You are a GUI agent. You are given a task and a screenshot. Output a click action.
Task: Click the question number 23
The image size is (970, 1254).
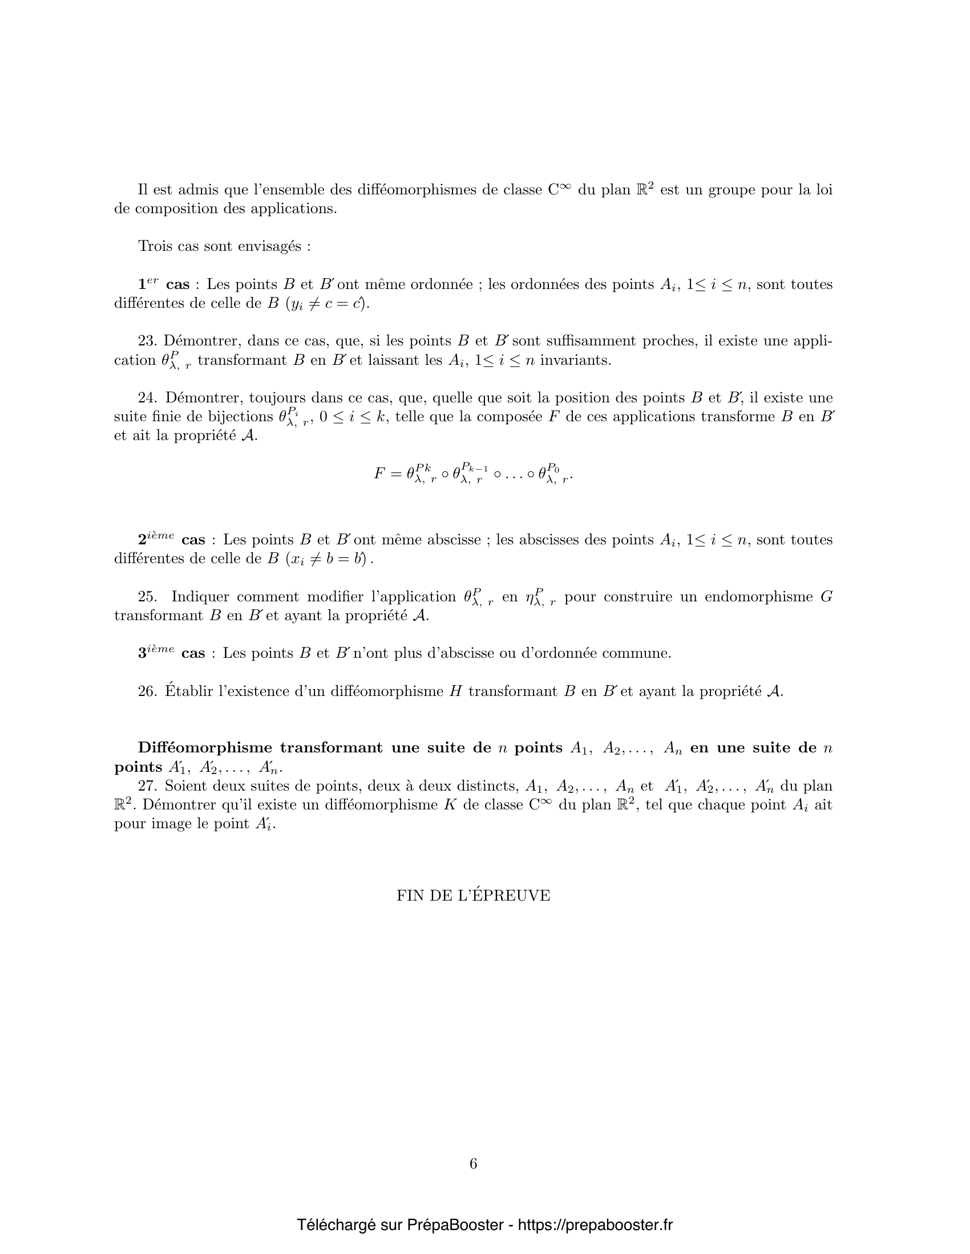147,341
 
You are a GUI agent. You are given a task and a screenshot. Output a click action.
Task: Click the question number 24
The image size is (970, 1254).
147,398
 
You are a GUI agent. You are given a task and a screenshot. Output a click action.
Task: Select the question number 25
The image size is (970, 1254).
147,597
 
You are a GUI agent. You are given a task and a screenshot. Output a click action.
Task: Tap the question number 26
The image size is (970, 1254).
147,691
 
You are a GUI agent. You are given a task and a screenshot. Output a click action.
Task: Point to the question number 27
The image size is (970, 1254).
147,785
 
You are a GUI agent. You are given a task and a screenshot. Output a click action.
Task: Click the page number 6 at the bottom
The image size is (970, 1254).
474,1164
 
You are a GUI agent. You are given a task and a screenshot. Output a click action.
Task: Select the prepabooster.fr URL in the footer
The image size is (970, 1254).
595,1225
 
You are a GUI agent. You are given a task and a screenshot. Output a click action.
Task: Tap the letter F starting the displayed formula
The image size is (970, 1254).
379,474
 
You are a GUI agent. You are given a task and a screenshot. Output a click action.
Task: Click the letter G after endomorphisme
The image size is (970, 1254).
826,597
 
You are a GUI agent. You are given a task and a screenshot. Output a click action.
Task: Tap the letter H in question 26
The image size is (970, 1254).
456,691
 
